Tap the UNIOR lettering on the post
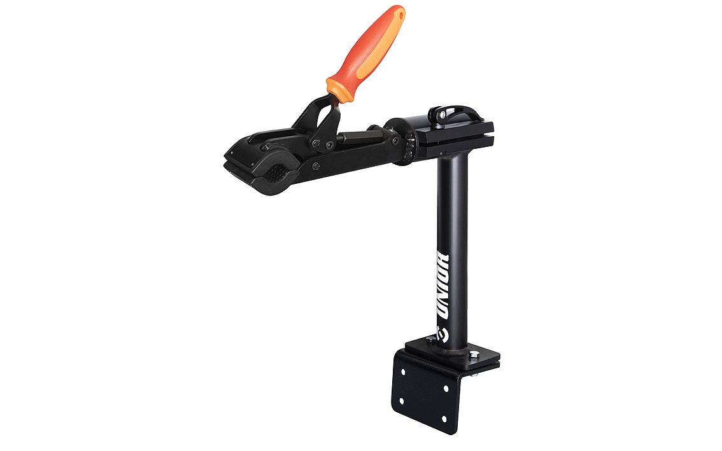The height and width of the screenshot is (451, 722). pos(443,286)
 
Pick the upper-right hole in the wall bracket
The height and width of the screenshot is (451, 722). pos(446,389)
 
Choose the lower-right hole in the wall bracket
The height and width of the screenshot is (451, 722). pos(444,419)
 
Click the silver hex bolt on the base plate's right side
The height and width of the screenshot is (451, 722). pos(474,356)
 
